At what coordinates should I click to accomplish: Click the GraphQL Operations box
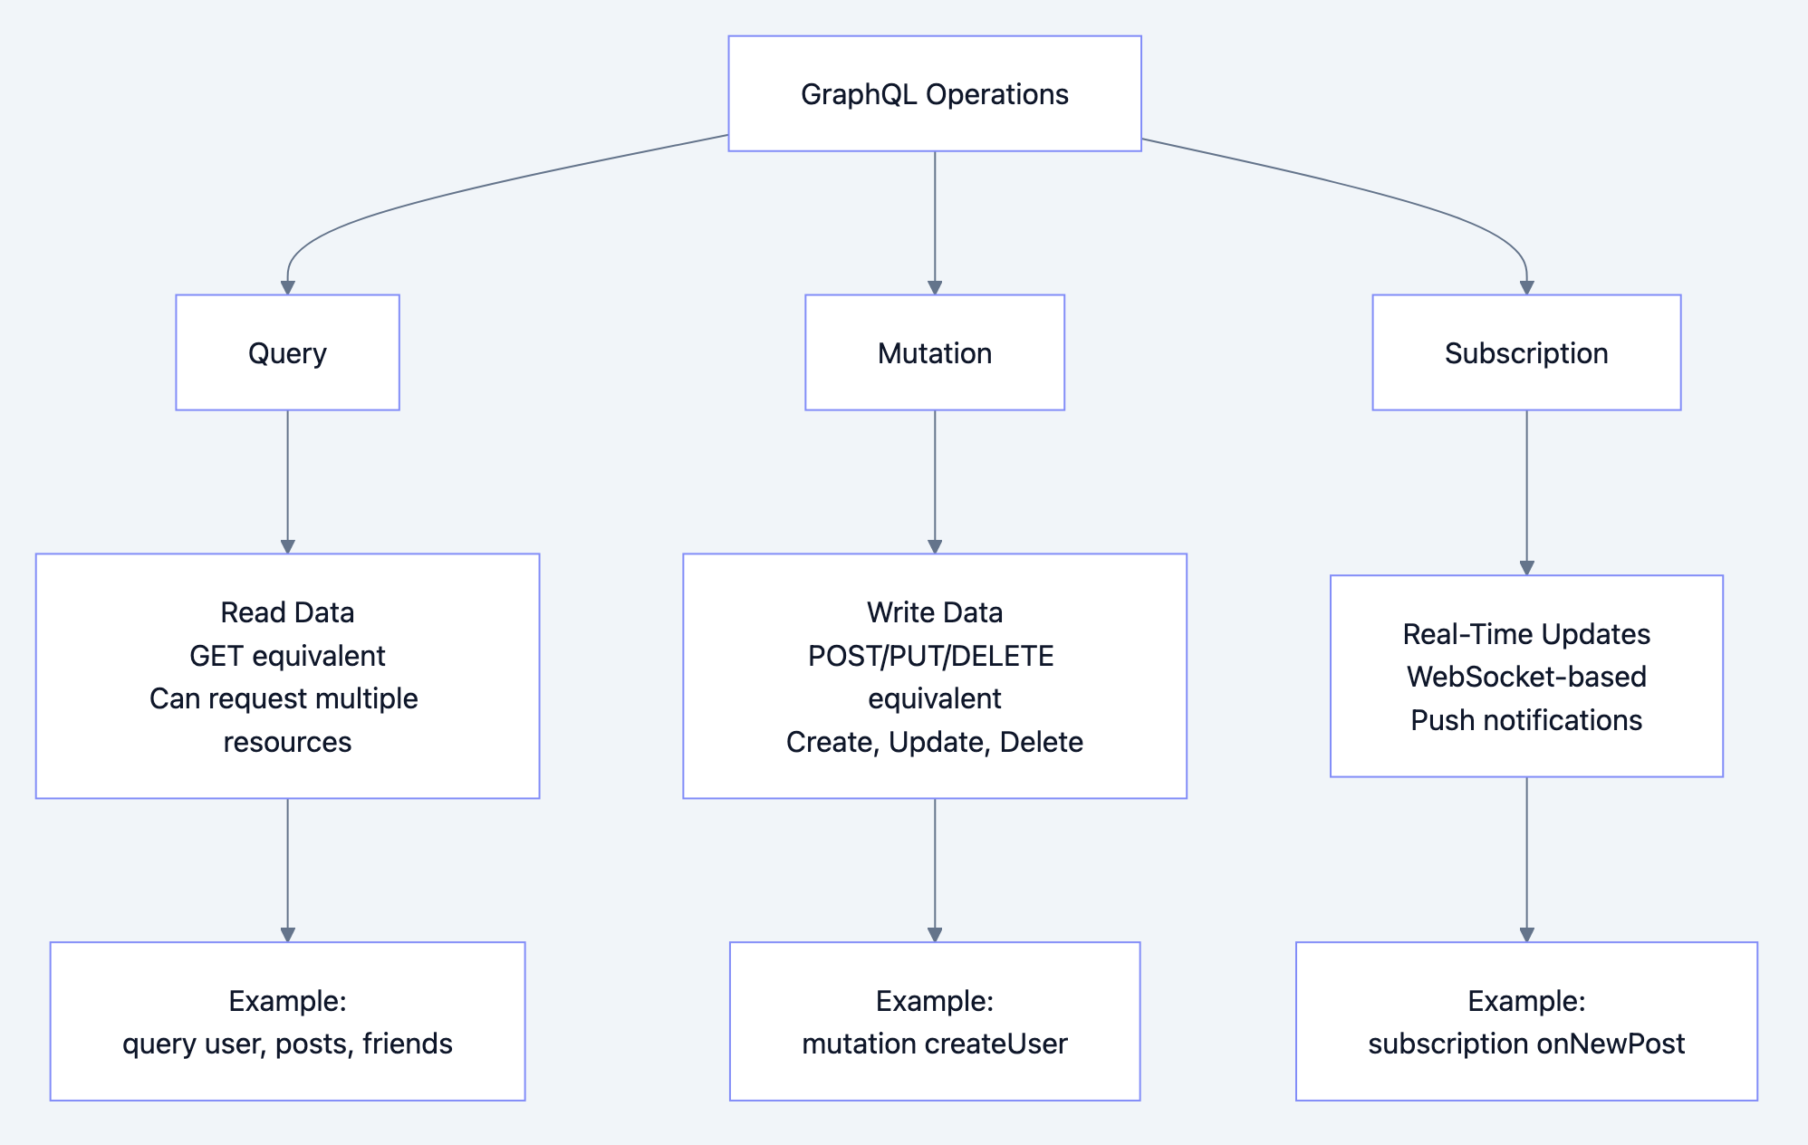click(x=934, y=93)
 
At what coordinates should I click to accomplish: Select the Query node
click(x=287, y=352)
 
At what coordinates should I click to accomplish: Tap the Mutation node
click(x=934, y=352)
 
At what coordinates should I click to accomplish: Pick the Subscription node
click(x=1525, y=352)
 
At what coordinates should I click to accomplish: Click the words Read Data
click(x=287, y=612)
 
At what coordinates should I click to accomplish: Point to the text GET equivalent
click(x=287, y=656)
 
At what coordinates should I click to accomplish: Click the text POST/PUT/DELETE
click(x=930, y=656)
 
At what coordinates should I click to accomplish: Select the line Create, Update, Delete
click(x=934, y=742)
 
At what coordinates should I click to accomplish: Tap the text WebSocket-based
click(x=1525, y=677)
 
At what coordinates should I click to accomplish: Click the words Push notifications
click(x=1525, y=720)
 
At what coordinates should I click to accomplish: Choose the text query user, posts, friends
click(x=287, y=1044)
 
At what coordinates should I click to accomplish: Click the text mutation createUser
click(x=934, y=1044)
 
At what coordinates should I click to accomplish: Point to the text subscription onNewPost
click(x=1525, y=1044)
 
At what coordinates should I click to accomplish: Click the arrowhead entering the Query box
click(x=287, y=287)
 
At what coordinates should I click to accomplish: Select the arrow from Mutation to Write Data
click(x=934, y=480)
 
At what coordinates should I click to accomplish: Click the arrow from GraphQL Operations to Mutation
click(x=934, y=222)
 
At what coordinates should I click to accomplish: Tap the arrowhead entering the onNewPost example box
click(x=1526, y=934)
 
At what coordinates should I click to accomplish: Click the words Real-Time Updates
click(x=1525, y=634)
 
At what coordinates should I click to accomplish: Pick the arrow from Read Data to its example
click(x=287, y=870)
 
